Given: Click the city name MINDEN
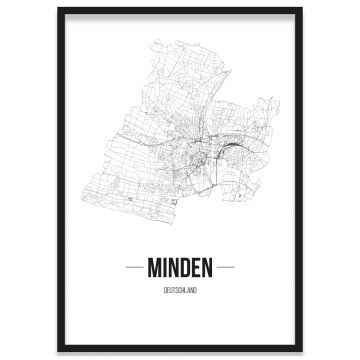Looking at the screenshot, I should tap(180, 267).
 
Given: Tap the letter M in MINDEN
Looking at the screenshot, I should tap(153, 267).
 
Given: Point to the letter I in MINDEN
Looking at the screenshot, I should tap(165, 267).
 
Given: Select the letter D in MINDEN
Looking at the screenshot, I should tap(187, 267).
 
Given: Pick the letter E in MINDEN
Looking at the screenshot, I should tap(198, 267).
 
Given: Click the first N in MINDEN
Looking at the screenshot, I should tap(175, 267).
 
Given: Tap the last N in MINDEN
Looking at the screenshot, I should tap(209, 267).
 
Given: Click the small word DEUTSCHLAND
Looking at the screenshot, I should tap(180, 289).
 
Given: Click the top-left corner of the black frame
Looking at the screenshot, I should tap(59, 8).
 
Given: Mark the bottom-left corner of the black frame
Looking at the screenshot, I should tap(59, 351).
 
